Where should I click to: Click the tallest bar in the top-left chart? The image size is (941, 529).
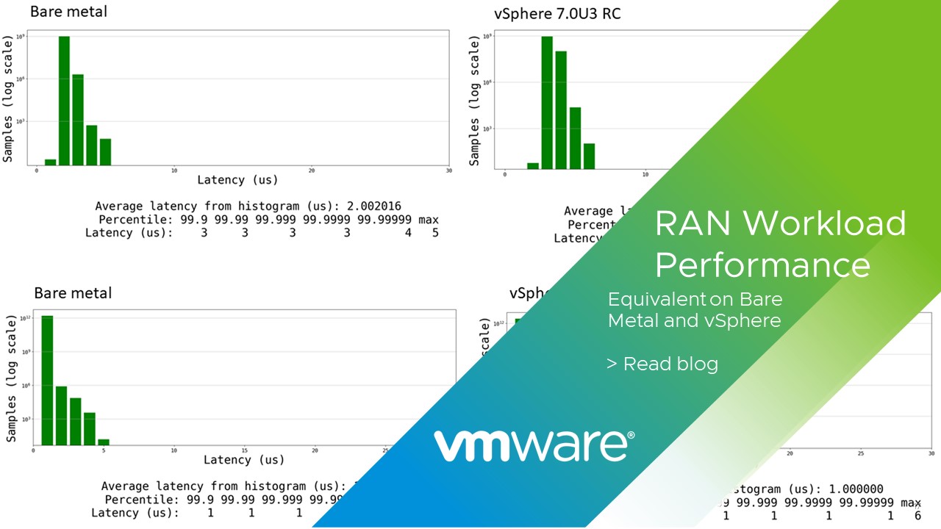64,100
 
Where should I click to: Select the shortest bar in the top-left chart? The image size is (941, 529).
50,162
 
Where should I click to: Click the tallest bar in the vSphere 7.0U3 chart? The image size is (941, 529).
547,102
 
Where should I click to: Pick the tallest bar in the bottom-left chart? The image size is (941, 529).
47,380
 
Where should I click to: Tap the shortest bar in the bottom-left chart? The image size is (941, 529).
104,442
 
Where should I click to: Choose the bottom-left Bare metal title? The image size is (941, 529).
73,293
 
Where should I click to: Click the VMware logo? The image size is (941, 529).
534,445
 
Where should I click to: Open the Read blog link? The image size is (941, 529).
662,364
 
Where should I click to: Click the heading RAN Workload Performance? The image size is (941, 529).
779,243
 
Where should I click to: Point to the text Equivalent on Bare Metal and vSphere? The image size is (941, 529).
695,310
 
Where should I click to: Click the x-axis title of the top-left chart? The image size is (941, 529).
237,180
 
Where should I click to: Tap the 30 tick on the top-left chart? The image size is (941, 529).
448,171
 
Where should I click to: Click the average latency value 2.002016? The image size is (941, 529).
374,206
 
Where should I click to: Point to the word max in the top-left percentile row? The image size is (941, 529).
429,220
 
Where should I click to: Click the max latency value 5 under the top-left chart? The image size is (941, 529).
434,233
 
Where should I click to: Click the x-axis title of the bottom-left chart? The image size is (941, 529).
243,460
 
